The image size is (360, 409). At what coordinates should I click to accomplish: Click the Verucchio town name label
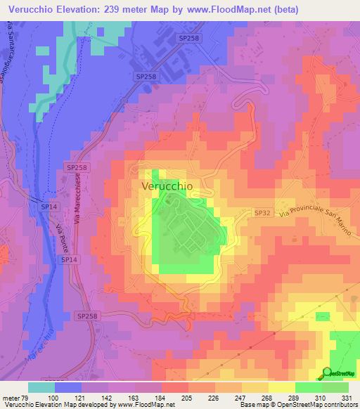(x=167, y=186)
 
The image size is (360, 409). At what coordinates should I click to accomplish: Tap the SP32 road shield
(x=262, y=212)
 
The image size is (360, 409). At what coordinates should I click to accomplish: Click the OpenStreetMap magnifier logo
(x=328, y=373)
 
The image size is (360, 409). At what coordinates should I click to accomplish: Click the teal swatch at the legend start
(x=41, y=387)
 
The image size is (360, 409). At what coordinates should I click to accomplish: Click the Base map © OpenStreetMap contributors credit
(x=297, y=405)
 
